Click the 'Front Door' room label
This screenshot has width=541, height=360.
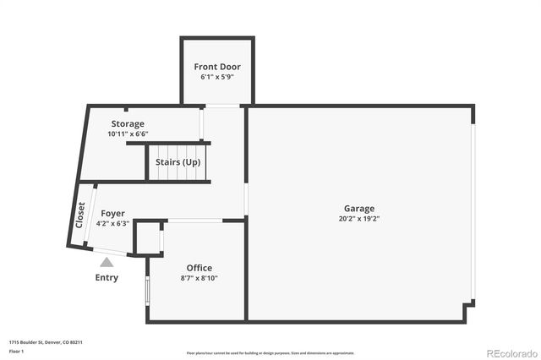pyautogui.click(x=217, y=66)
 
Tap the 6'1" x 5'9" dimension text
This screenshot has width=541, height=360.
pyautogui.click(x=217, y=77)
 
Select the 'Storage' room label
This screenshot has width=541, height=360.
pyautogui.click(x=128, y=124)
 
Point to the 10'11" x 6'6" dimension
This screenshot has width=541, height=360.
pyautogui.click(x=128, y=134)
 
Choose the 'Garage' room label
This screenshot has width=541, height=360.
pyautogui.click(x=358, y=209)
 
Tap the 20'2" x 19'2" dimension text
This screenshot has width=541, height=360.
pyautogui.click(x=358, y=220)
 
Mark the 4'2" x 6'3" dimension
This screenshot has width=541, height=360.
pyautogui.click(x=112, y=224)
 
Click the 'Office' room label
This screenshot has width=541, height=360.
pyautogui.click(x=199, y=268)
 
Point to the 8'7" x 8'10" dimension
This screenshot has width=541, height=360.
pyautogui.click(x=199, y=278)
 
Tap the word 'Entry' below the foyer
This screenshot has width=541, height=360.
pyautogui.click(x=107, y=277)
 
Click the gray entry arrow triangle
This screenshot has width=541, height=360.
pyautogui.click(x=107, y=263)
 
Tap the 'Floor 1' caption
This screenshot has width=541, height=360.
pyautogui.click(x=17, y=351)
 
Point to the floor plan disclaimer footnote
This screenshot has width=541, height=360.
pyautogui.click(x=270, y=352)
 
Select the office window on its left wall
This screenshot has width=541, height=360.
pyautogui.click(x=148, y=289)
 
